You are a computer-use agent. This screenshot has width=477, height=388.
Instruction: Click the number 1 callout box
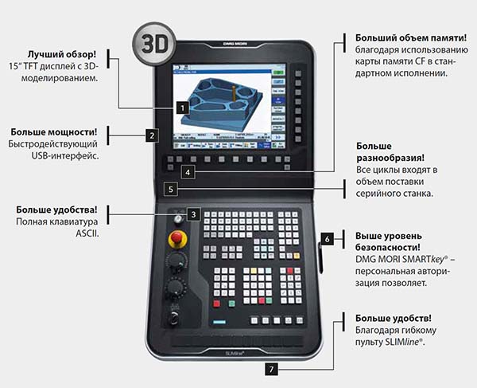[182, 106]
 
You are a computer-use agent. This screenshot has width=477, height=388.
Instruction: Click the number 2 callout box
[151, 135]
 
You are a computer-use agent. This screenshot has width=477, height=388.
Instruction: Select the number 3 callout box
[194, 215]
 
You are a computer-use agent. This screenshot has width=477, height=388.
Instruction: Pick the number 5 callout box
[171, 190]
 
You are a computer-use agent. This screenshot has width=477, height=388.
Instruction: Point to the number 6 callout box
[327, 238]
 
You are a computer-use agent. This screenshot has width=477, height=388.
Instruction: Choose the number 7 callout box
[272, 369]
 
